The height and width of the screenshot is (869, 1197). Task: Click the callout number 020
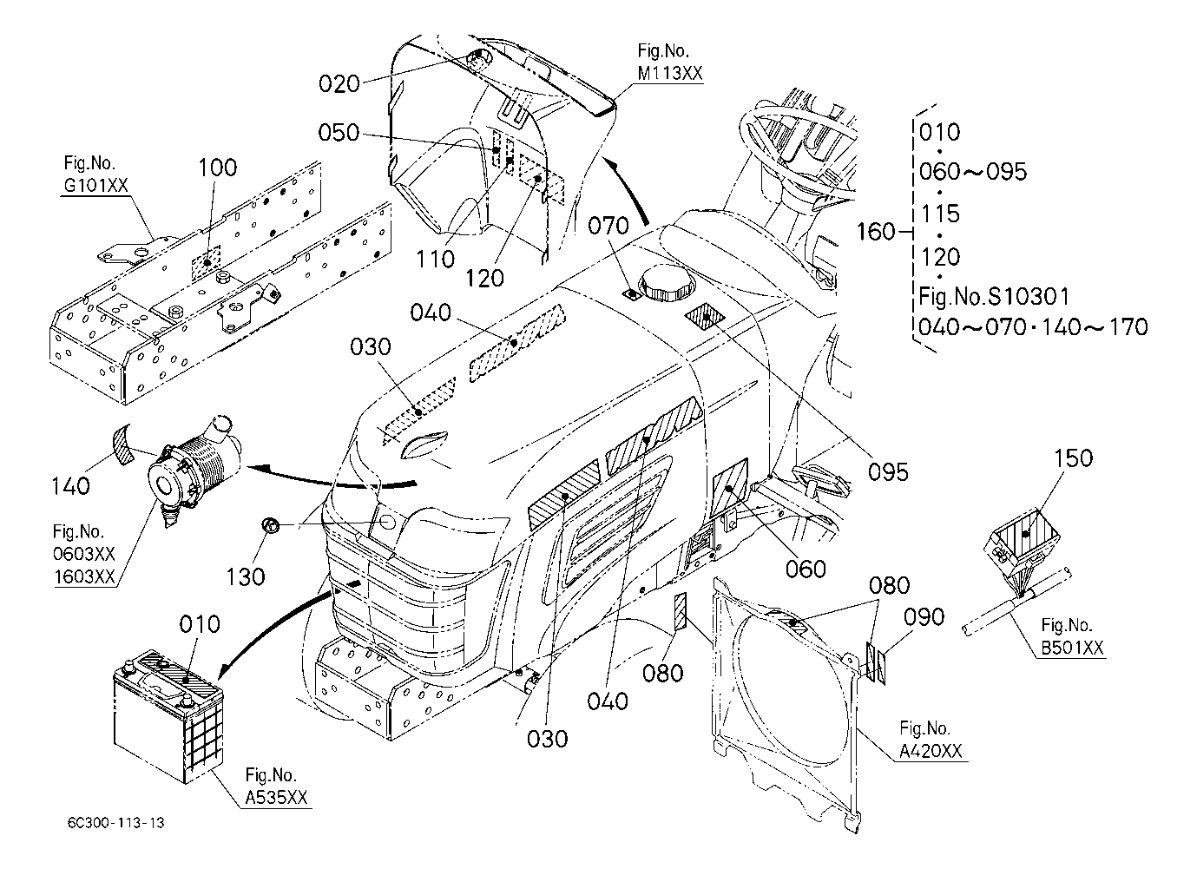(339, 83)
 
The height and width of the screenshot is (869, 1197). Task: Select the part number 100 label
(218, 168)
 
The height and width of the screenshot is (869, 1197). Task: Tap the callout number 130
(246, 575)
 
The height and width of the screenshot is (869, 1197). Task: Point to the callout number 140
(70, 485)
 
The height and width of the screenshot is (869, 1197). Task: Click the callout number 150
(1073, 458)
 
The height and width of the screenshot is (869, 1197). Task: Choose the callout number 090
(924, 616)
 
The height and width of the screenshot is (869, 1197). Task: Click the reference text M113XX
(669, 74)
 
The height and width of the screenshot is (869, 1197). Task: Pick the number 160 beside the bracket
(875, 232)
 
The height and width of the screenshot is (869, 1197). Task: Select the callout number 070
(608, 227)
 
